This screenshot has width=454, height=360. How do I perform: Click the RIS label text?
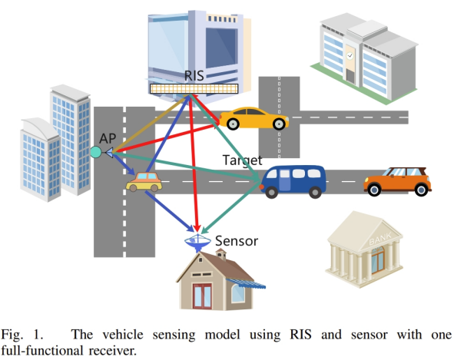(x=194, y=75)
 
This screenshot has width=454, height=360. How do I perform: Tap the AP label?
(x=108, y=138)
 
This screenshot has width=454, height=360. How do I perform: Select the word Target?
(x=242, y=160)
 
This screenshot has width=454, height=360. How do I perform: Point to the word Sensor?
(x=237, y=241)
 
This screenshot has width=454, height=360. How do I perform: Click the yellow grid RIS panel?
(x=194, y=88)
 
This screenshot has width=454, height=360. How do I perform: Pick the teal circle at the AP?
(x=96, y=152)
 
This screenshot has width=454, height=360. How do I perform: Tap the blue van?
(x=293, y=181)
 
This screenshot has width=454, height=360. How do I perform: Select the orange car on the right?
(x=397, y=181)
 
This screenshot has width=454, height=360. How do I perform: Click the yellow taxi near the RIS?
(x=254, y=118)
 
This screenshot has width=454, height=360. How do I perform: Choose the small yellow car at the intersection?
(x=144, y=182)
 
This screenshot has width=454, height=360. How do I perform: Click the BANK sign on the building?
(x=380, y=239)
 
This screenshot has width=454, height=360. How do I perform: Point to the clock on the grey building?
(x=350, y=55)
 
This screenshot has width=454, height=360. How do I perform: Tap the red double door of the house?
(x=202, y=296)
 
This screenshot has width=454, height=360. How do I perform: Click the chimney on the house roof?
(x=221, y=254)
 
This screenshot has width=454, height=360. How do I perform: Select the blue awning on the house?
(x=246, y=283)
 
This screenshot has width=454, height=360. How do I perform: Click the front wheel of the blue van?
(x=272, y=192)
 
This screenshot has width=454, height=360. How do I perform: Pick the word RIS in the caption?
(x=300, y=335)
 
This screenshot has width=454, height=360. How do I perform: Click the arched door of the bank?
(x=378, y=259)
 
